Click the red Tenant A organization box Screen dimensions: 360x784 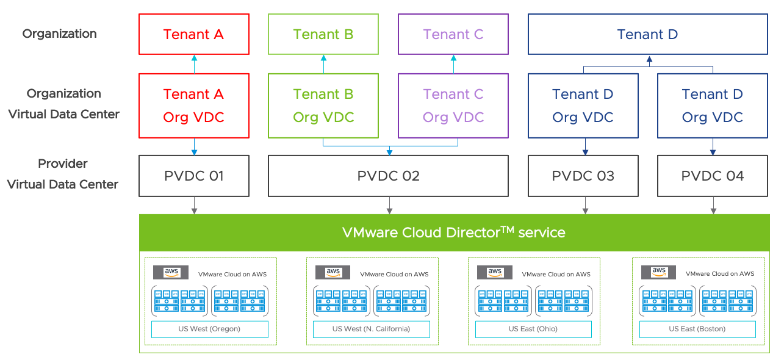pyautogui.click(x=194, y=34)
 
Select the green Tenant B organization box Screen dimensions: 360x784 pyautogui.click(x=323, y=34)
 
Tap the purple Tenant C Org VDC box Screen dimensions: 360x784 pyautogui.click(x=453, y=106)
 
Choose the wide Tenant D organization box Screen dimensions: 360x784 pyautogui.click(x=647, y=34)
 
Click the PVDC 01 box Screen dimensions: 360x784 pyautogui.click(x=194, y=176)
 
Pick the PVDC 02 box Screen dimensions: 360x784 pyautogui.click(x=389, y=176)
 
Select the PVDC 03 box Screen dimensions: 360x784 pyautogui.click(x=583, y=176)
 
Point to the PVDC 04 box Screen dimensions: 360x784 pyautogui.click(x=713, y=176)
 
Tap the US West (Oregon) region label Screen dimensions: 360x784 pyautogui.click(x=209, y=329)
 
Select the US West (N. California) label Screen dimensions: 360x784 pyautogui.click(x=371, y=329)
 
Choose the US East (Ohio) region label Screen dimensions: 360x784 pyautogui.click(x=533, y=329)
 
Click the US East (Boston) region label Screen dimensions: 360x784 pyautogui.click(x=697, y=329)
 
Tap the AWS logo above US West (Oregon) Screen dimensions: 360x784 pyautogui.click(x=171, y=272)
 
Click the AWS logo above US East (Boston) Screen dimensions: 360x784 pyautogui.click(x=659, y=272)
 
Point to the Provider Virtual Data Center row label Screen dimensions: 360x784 pyautogui.click(x=63, y=174)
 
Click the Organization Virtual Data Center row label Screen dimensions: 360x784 pyautogui.click(x=63, y=104)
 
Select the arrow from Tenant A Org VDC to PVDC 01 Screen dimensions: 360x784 pyautogui.click(x=194, y=146)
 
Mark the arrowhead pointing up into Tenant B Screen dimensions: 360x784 pyautogui.click(x=323, y=58)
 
